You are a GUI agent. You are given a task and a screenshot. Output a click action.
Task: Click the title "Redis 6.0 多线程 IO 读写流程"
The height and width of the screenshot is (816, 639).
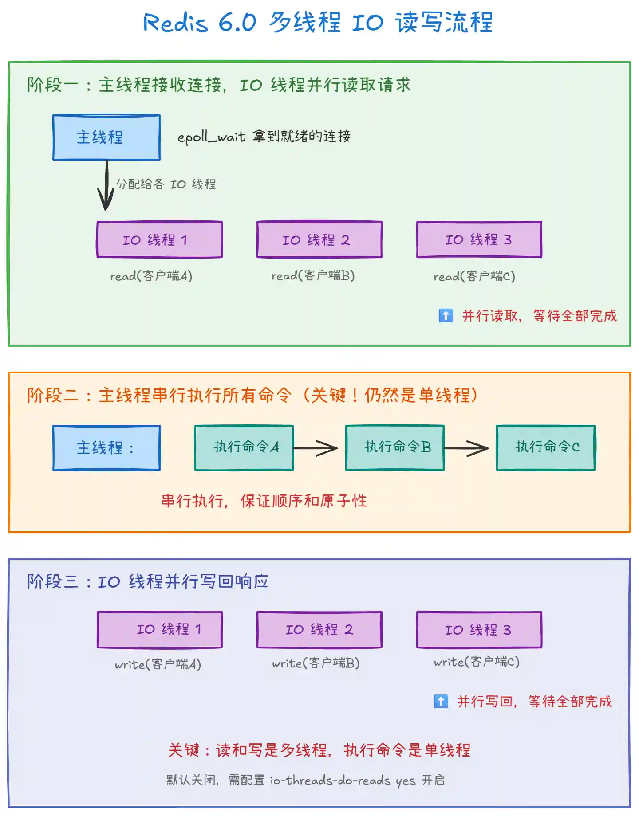point(318,22)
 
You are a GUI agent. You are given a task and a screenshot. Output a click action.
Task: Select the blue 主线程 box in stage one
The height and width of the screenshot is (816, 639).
point(106,137)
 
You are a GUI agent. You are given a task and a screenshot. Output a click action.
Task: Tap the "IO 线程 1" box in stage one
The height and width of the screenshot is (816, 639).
point(159,239)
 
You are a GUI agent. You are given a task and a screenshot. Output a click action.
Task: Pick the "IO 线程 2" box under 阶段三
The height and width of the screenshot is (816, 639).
point(319,630)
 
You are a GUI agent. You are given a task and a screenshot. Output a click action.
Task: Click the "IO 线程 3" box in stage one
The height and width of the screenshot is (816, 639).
point(479,239)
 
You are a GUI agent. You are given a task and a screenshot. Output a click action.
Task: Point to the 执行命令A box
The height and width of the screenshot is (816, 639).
point(244,447)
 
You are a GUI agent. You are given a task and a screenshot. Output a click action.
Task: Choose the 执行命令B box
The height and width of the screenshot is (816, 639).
point(395,447)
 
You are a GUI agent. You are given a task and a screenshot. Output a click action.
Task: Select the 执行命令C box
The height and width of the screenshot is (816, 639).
point(546,447)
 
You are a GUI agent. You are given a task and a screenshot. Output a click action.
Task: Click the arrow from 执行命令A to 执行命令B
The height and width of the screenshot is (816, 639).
point(316,448)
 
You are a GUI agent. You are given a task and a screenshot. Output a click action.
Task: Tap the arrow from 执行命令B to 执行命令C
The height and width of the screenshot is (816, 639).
point(467,448)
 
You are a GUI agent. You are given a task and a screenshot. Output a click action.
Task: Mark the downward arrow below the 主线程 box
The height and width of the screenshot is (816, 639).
point(106,185)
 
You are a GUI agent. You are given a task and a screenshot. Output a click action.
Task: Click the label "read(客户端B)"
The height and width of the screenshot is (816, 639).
point(313,276)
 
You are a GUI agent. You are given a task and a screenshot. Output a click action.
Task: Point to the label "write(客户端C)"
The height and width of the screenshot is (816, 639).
point(477,662)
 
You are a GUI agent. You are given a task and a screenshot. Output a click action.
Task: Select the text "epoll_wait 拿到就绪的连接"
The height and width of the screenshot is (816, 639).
point(264,137)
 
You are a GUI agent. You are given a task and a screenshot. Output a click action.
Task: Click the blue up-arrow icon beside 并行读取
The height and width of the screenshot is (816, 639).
point(446,315)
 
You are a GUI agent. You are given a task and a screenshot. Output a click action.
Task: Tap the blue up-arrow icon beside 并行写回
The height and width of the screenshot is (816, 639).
point(441,701)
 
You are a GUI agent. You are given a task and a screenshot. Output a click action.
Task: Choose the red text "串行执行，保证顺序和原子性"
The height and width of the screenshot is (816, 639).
point(264,501)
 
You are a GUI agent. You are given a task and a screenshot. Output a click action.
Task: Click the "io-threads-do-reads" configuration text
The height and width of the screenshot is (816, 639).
point(330,780)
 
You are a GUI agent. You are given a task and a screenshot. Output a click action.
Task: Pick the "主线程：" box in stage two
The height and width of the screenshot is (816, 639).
point(106,447)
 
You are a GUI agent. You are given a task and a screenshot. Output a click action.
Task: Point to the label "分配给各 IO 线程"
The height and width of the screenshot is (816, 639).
point(166,184)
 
